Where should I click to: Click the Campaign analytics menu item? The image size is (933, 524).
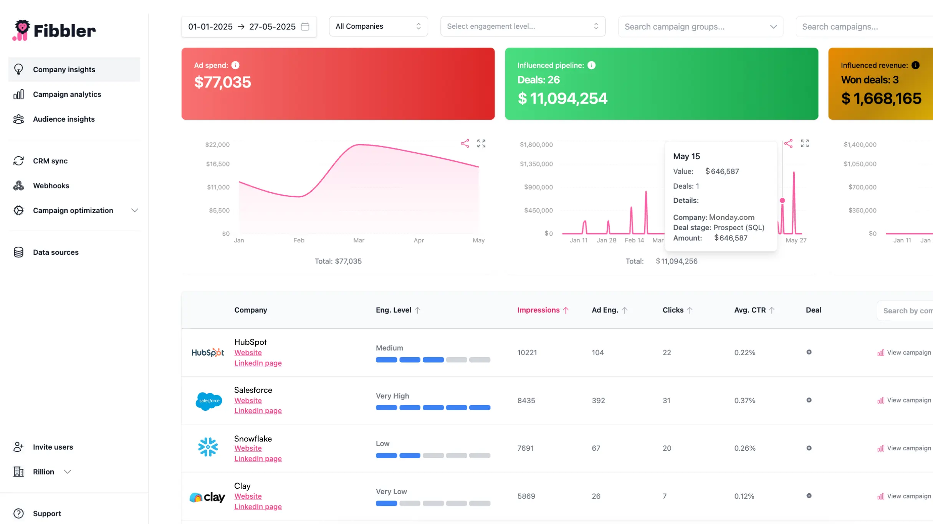[67, 94]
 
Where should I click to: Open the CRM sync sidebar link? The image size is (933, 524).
[50, 161]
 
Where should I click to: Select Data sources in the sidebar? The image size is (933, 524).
[56, 252]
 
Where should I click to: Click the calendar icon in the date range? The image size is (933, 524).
[305, 27]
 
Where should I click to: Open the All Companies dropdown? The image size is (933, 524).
[378, 26]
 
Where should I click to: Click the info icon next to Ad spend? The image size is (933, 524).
[235, 66]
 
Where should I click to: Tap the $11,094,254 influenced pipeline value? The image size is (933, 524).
[562, 99]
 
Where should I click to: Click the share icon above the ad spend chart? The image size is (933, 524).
[465, 144]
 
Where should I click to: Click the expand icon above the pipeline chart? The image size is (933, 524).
[805, 144]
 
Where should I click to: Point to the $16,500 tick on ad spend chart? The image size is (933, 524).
[218, 164]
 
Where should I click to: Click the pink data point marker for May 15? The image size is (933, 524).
[782, 201]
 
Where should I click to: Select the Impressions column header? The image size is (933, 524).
[538, 310]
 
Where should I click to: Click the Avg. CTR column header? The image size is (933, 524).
[750, 310]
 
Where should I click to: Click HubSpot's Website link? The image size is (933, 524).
[248, 353]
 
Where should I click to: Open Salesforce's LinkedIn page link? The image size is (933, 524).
[258, 411]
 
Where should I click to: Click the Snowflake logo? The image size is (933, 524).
[208, 447]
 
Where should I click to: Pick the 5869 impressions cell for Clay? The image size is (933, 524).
[526, 496]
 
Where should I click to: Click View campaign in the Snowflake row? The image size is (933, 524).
[908, 448]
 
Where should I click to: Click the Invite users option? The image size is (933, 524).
[53, 447]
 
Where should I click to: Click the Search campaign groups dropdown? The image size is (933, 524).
[700, 27]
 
